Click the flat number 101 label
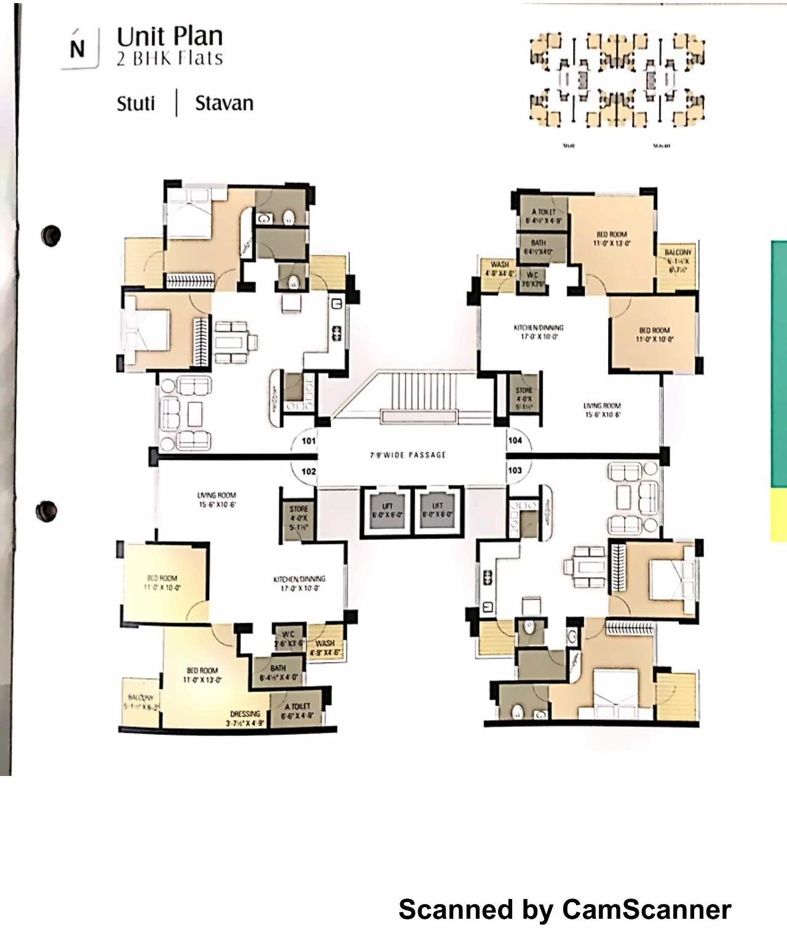click(308, 441)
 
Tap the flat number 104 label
click(515, 440)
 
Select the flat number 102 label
click(308, 471)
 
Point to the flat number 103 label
click(515, 470)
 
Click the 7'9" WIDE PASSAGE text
click(408, 455)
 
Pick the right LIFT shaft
click(437, 510)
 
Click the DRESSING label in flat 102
click(245, 714)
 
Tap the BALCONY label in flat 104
click(678, 253)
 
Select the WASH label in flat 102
click(325, 644)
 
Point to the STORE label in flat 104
click(524, 390)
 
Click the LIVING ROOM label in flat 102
click(216, 495)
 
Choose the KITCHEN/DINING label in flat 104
click(539, 327)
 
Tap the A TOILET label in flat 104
click(544, 212)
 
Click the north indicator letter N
click(77, 49)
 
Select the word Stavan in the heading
click(224, 103)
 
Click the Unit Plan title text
click(170, 37)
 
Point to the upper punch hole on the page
click(51, 235)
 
